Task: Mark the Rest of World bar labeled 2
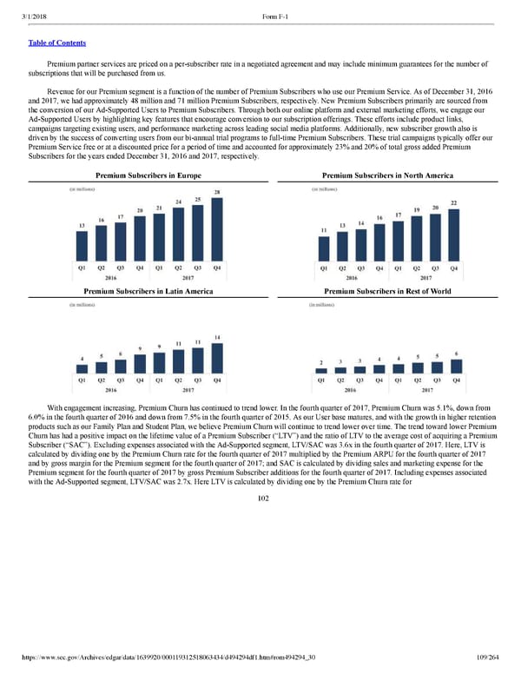pyautogui.click(x=321, y=370)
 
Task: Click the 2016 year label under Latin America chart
pyautogui.click(x=111, y=391)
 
